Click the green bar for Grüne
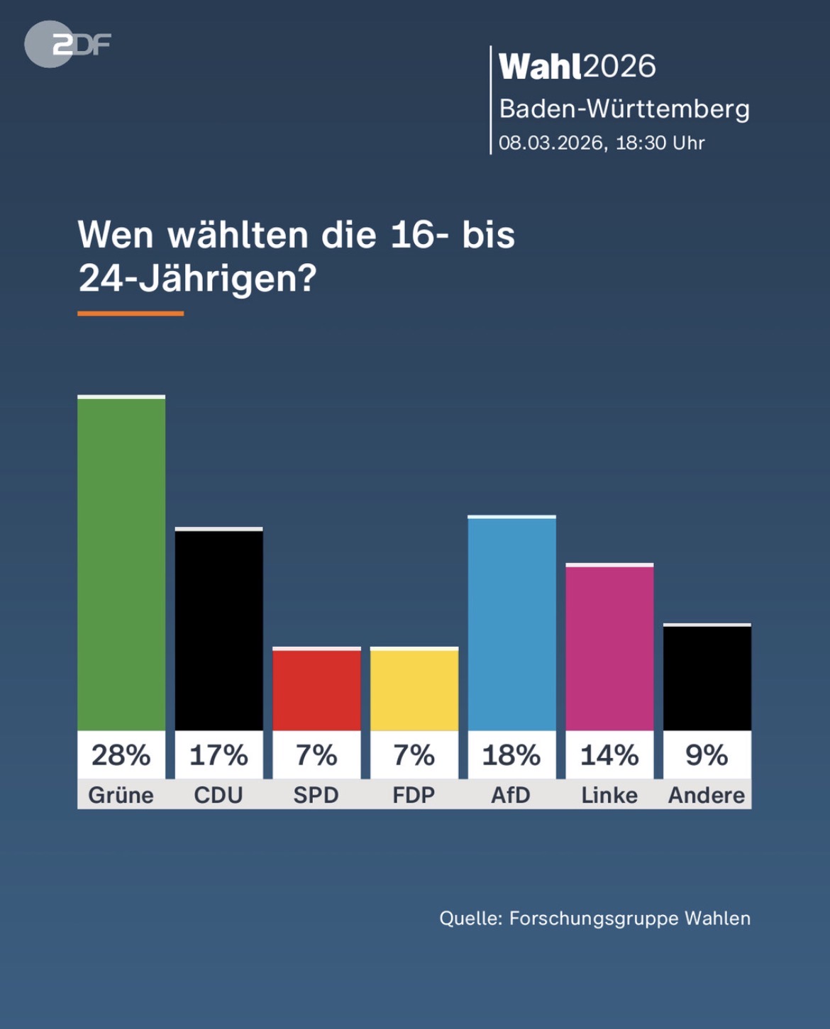point(121,564)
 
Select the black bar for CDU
point(218,630)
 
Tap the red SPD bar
point(316,689)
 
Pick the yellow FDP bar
point(414,689)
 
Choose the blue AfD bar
point(511,624)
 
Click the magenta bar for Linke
point(609,647)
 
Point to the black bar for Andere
point(707,677)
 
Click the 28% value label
point(121,755)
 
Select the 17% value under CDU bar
point(218,755)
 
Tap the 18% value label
point(511,755)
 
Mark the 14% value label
point(609,755)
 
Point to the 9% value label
point(707,755)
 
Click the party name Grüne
point(121,795)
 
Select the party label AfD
point(511,795)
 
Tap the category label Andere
point(707,795)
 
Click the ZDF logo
point(67,45)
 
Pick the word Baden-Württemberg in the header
point(624,109)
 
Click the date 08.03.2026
point(551,143)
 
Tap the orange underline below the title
point(131,313)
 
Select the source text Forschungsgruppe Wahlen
point(629,918)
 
